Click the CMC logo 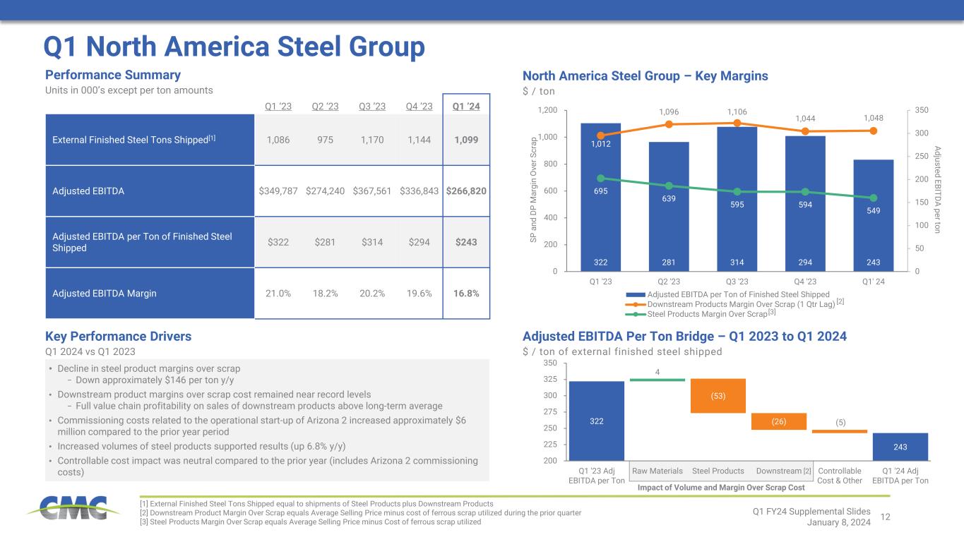(x=68, y=507)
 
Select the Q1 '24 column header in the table (x=466, y=107)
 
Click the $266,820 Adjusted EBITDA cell (x=466, y=191)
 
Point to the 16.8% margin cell (x=466, y=293)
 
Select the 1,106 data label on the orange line (x=737, y=112)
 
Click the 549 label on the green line (x=874, y=210)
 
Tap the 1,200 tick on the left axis (x=546, y=111)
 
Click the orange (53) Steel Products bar (x=718, y=396)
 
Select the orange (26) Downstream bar (x=779, y=421)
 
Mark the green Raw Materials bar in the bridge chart (x=657, y=380)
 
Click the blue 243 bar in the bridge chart (x=900, y=446)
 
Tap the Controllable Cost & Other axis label (x=839, y=476)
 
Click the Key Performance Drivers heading (x=118, y=337)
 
